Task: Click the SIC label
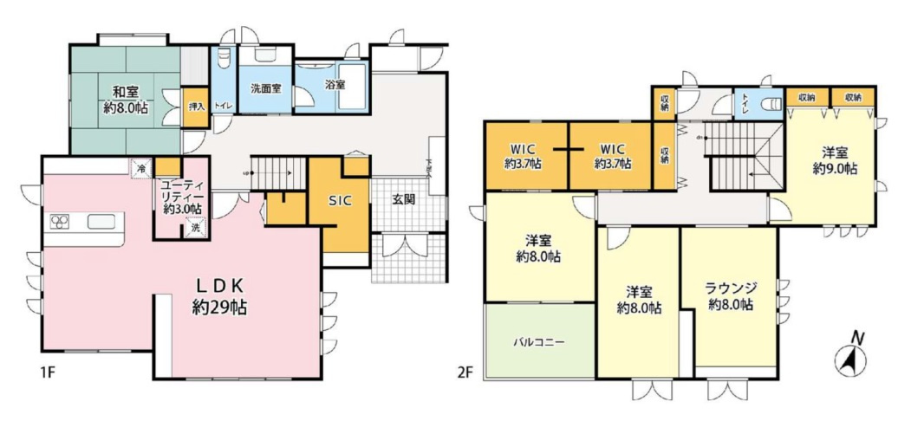coord(339,199)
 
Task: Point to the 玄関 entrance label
coord(404,200)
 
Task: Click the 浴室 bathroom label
coord(335,85)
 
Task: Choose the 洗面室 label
coord(265,88)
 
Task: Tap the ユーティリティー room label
coord(182,196)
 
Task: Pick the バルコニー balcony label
coord(539,341)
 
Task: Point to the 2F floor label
coord(465,374)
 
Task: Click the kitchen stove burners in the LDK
coord(60,223)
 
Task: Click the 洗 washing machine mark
coord(196,228)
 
